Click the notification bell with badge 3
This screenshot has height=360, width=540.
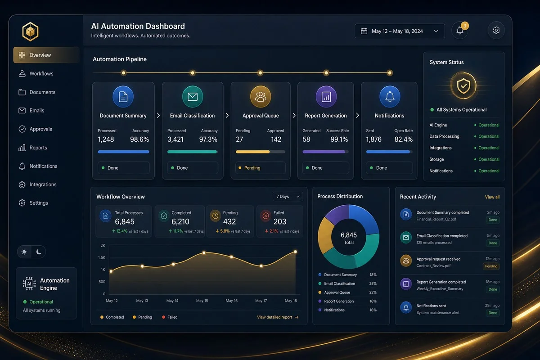click(x=460, y=31)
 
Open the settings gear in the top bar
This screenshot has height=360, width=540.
click(x=496, y=31)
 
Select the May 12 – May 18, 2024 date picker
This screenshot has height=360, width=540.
click(x=400, y=31)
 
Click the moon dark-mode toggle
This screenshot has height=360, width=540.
click(x=39, y=252)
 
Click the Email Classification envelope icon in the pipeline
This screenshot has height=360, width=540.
click(x=193, y=97)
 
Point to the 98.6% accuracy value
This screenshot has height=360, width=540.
click(x=139, y=139)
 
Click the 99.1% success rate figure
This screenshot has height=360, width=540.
click(x=339, y=139)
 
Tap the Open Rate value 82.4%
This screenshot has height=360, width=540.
click(x=403, y=139)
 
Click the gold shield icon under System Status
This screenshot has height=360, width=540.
click(x=463, y=86)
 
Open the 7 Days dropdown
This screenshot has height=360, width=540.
click(x=288, y=197)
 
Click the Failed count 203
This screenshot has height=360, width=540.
click(x=279, y=221)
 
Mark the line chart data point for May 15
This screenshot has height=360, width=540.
click(x=204, y=253)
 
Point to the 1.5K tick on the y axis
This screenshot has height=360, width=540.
click(x=102, y=257)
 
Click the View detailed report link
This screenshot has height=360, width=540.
click(x=278, y=317)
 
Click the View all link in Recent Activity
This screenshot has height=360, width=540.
click(x=492, y=197)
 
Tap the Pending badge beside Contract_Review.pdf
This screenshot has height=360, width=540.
click(x=491, y=266)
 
